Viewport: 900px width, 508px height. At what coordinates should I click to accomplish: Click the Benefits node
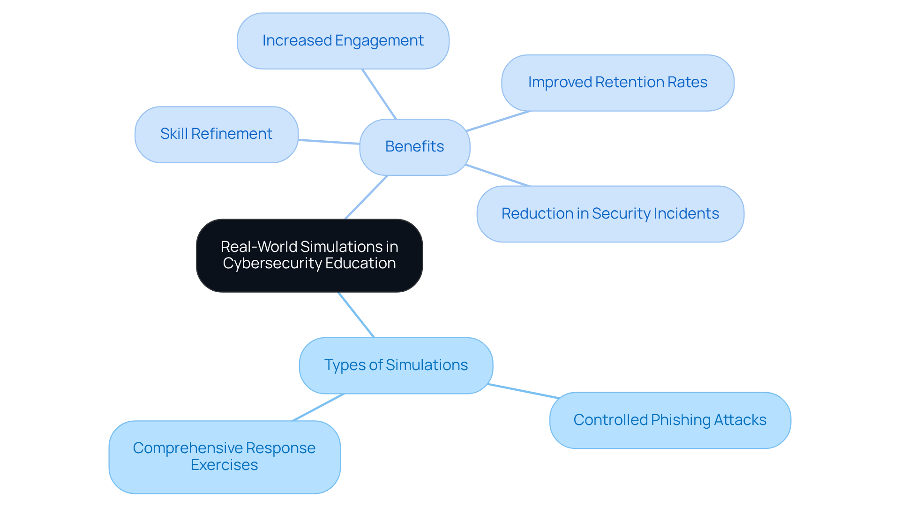pyautogui.click(x=414, y=147)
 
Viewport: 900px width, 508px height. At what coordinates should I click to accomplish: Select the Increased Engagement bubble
pyautogui.click(x=343, y=41)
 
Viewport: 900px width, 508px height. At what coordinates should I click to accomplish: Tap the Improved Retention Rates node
pyautogui.click(x=617, y=83)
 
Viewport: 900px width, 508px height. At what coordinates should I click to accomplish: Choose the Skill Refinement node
pyautogui.click(x=216, y=134)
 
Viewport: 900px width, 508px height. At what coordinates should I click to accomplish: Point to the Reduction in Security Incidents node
pyautogui.click(x=610, y=214)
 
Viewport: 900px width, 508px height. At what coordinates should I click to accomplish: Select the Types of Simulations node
pyautogui.click(x=396, y=365)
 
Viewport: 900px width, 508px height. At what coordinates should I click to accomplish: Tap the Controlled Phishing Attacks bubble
pyautogui.click(x=670, y=420)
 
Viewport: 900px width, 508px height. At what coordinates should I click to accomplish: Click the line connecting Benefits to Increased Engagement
pyautogui.click(x=379, y=94)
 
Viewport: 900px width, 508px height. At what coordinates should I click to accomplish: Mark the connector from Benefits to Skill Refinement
pyautogui.click(x=329, y=142)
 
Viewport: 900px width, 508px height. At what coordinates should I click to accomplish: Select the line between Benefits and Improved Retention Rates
pyautogui.click(x=499, y=121)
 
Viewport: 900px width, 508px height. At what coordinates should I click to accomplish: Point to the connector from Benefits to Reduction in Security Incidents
pyautogui.click(x=498, y=175)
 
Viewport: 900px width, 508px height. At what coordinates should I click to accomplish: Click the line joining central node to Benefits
pyautogui.click(x=367, y=197)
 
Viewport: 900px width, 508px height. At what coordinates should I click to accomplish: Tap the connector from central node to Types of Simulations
pyautogui.click(x=356, y=315)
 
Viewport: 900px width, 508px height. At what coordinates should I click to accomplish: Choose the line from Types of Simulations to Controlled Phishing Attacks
pyautogui.click(x=523, y=391)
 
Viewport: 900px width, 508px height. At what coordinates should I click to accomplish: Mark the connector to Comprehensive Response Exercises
pyautogui.click(x=318, y=407)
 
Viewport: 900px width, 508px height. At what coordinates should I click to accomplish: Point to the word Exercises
pyautogui.click(x=224, y=465)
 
